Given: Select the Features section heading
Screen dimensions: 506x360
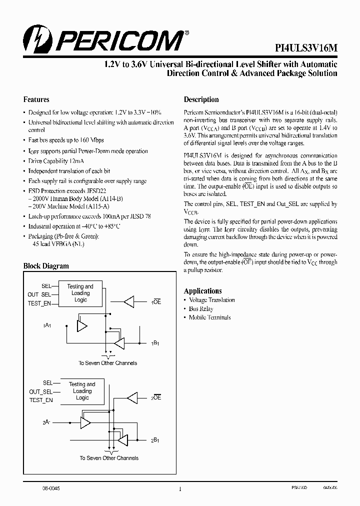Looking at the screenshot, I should coord(36,99).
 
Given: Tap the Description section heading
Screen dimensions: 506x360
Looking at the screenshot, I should coord(201,99).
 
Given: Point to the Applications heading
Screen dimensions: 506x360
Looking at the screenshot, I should coord(202,291).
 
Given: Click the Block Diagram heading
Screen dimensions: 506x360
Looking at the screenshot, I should coord(46,266).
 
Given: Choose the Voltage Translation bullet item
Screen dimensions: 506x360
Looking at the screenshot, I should coord(211,300).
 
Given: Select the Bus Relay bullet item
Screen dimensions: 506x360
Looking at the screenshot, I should coord(200,309).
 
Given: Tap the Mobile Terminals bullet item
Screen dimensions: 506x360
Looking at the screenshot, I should coord(209,317).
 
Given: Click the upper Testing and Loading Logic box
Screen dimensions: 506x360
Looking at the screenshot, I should coord(80,293).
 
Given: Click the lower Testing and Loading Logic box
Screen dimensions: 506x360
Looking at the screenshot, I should coord(82,391).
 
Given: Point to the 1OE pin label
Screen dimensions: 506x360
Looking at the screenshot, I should coord(156,302).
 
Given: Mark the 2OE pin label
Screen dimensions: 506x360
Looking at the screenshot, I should coord(156,397).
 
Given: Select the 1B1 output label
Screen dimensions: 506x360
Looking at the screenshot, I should coord(156,343).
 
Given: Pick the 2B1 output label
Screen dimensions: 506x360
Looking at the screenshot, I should coord(156,440).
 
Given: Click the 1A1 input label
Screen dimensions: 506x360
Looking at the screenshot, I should coord(47,326).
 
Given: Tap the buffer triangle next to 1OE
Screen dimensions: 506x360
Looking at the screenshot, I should coord(129,301).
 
